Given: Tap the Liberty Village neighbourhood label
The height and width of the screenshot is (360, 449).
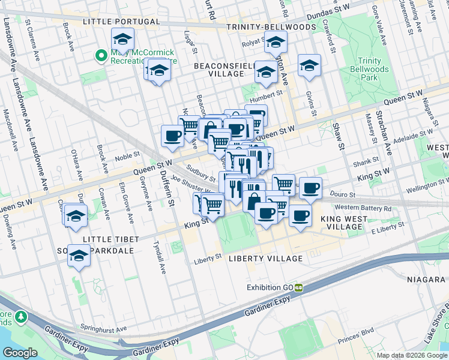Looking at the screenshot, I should coord(265,259).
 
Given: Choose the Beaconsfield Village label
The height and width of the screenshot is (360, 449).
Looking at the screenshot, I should coord(218,69).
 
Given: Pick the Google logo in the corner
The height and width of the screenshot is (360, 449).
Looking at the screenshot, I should coord(20,353).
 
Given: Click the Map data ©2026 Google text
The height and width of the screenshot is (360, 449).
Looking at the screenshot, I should coord(412,355).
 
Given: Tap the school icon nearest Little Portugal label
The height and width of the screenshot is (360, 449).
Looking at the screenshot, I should coord(122,41).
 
